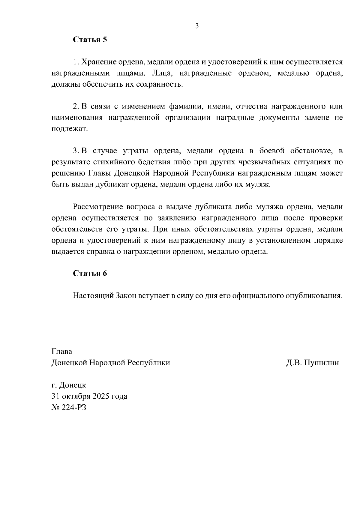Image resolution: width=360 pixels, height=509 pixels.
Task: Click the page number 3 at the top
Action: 197,26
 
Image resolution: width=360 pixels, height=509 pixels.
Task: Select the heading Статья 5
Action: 90,40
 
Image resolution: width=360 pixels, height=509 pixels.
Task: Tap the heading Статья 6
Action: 90,274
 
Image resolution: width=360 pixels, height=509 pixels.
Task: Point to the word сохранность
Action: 159,84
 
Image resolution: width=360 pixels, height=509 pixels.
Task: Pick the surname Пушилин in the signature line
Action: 321,363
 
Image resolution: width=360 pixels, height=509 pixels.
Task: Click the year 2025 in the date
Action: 101,396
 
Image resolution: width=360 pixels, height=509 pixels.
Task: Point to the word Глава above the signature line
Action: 62,351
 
